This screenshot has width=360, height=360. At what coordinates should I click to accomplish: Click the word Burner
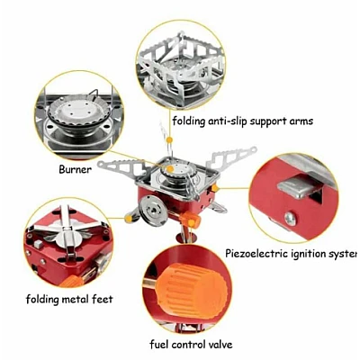point(75,169)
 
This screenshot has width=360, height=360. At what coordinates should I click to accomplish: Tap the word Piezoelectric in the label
point(256,254)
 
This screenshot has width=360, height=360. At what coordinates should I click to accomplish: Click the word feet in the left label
point(102,299)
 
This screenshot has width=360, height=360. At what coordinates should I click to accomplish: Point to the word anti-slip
point(228,121)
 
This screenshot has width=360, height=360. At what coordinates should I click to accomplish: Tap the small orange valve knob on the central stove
point(191,219)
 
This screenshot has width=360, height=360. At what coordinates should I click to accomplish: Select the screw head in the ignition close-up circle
point(290,219)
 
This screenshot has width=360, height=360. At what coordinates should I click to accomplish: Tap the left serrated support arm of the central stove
point(121,168)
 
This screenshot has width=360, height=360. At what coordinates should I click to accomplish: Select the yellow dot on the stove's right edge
point(215,188)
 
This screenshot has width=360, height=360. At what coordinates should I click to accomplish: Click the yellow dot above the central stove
point(169,140)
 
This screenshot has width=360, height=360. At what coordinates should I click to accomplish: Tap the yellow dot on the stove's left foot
point(129,220)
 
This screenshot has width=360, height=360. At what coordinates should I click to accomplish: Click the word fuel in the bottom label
point(159,344)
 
